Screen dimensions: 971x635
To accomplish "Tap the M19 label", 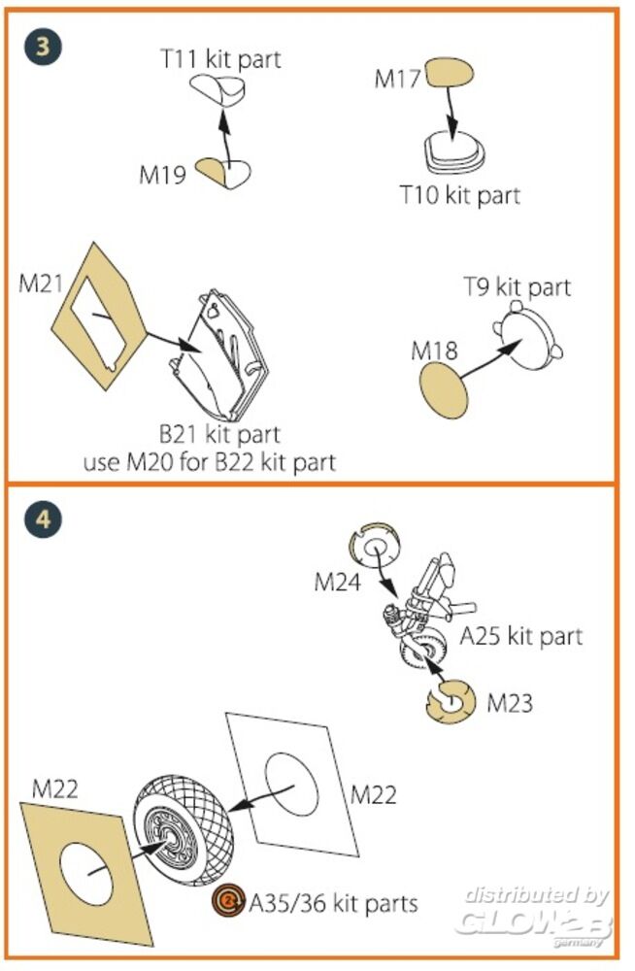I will click(x=163, y=175).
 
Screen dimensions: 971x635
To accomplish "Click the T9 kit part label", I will click(x=516, y=287).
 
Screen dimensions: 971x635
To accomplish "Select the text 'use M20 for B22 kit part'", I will click(x=210, y=461).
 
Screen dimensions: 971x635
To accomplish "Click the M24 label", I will click(x=338, y=583).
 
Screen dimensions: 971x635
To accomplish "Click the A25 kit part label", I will click(x=520, y=636).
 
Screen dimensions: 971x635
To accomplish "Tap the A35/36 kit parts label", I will click(x=333, y=903).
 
